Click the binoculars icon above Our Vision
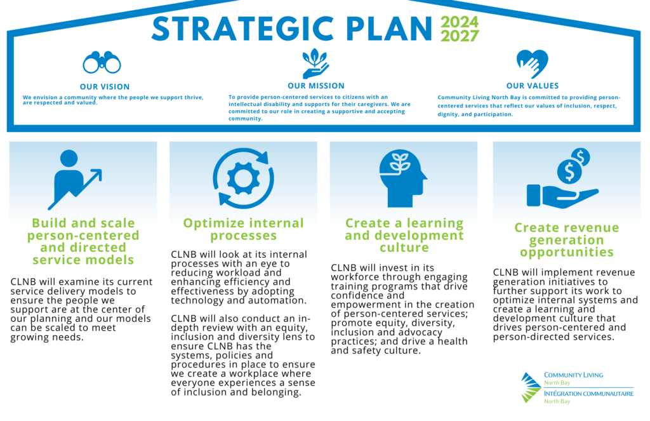pos(102,62)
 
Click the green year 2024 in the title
pos(460,22)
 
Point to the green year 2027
pos(460,36)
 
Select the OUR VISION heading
pos(105,87)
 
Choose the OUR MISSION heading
pos(316,86)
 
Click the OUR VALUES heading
pos(533,86)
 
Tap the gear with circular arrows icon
pos(243,178)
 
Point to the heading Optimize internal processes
pos(243,229)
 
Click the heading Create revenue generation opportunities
pos(566,240)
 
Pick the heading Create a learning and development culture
pos(404,235)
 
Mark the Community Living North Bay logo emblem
pos(531,387)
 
